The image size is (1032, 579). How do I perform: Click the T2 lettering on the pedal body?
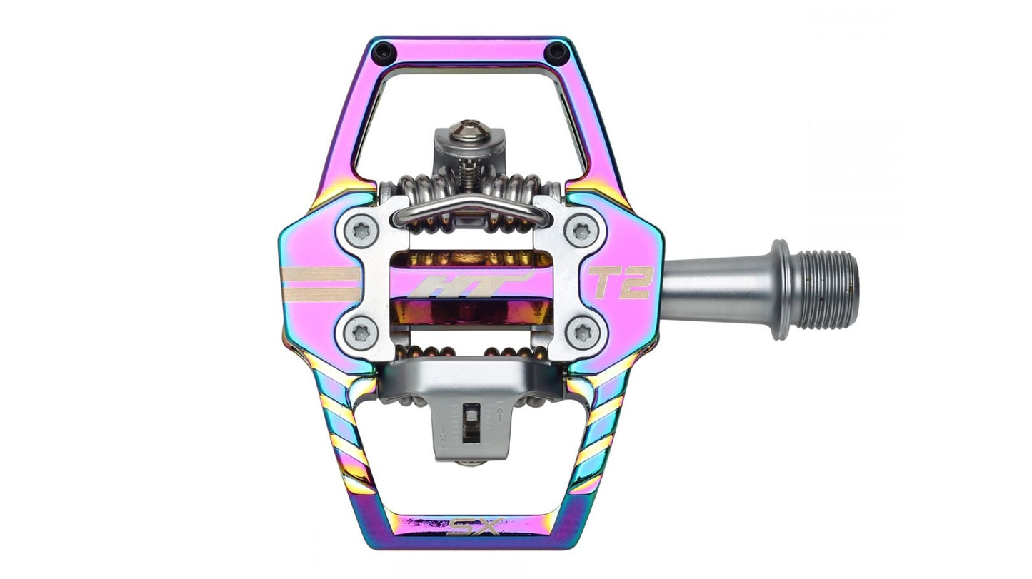(x=620, y=282)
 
